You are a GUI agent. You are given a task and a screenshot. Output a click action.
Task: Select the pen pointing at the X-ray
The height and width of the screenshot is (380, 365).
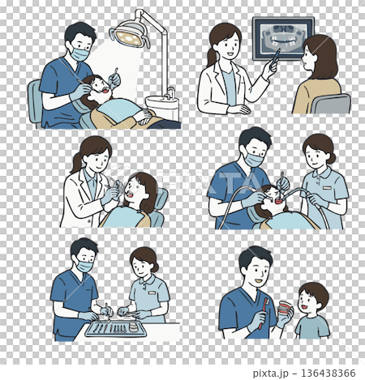273,56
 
